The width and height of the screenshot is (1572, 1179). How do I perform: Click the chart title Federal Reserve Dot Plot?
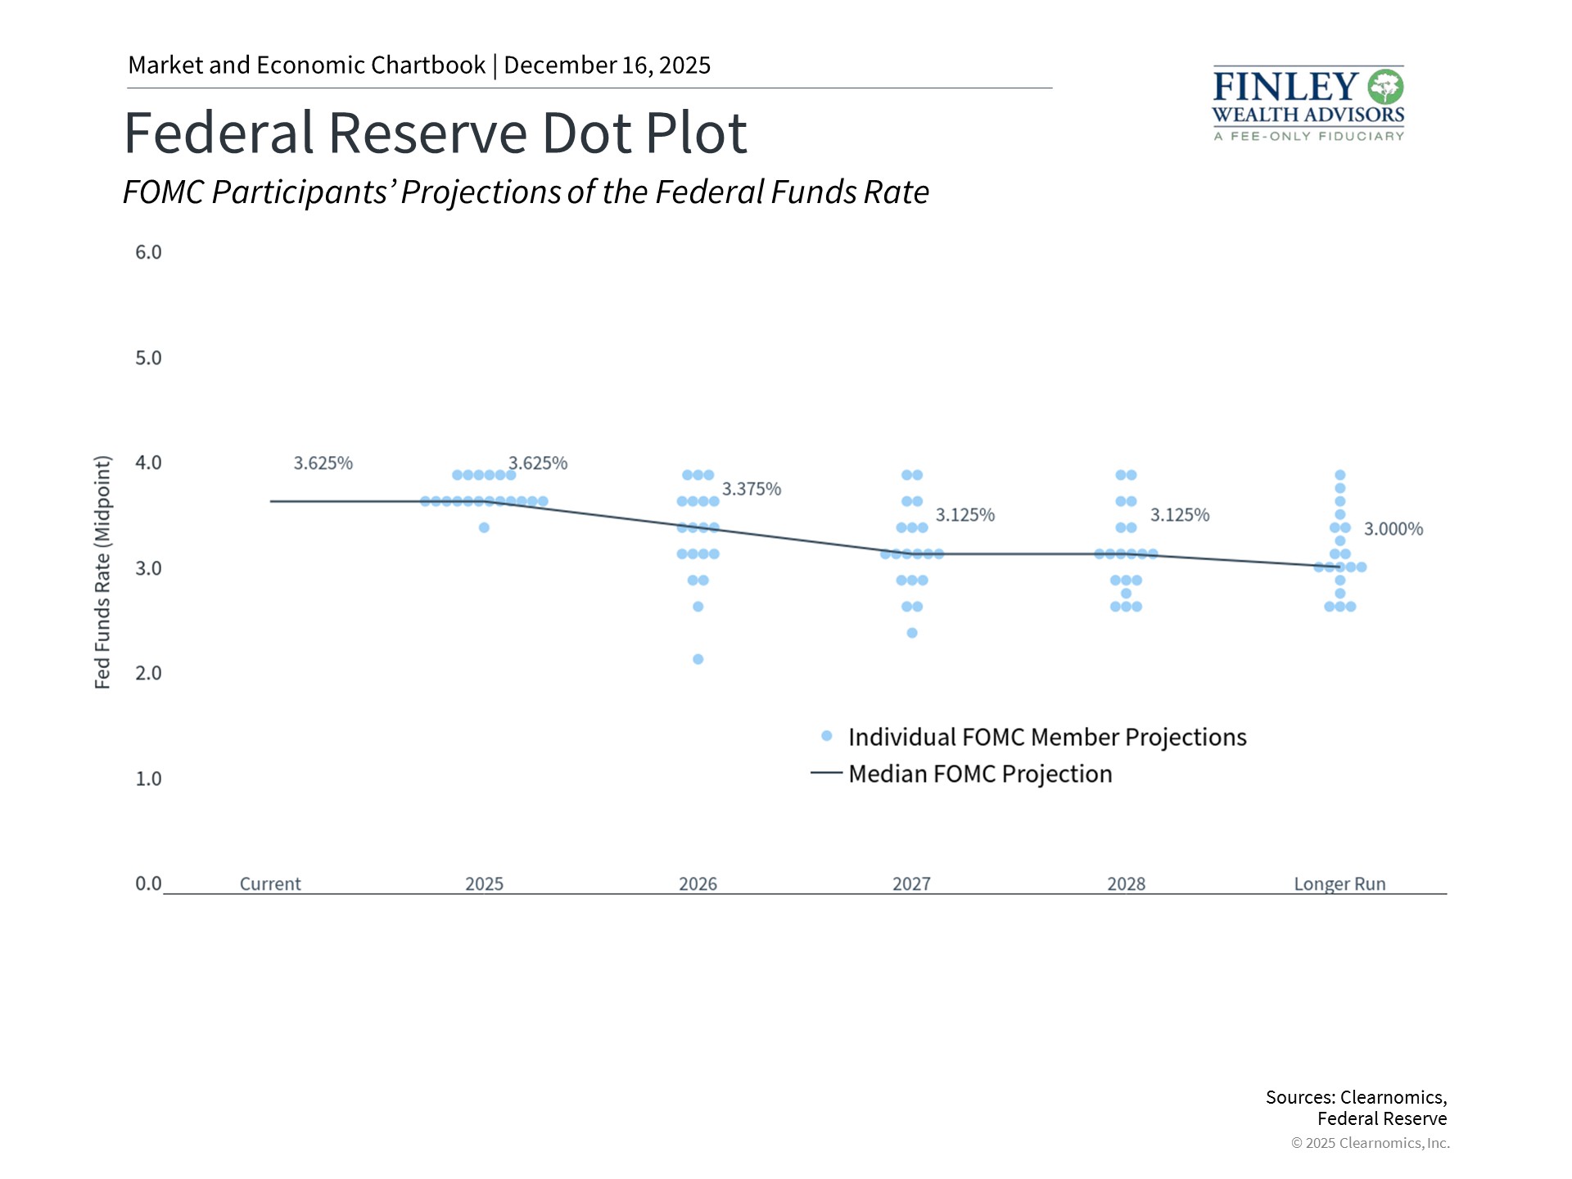(435, 133)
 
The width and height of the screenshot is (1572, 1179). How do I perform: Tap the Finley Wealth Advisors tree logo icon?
(1385, 87)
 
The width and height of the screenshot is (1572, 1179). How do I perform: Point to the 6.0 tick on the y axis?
(148, 252)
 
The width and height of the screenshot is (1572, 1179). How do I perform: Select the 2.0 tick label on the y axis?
(148, 673)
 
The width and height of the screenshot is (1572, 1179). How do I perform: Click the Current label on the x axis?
(270, 884)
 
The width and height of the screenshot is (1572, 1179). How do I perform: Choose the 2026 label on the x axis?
(698, 884)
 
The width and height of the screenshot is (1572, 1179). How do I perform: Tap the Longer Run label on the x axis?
(1339, 884)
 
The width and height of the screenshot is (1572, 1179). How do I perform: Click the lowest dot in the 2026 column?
(698, 659)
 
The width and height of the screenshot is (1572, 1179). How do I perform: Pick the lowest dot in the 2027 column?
(912, 633)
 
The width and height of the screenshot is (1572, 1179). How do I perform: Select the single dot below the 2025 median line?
(484, 528)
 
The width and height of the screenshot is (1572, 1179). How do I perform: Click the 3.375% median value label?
(751, 490)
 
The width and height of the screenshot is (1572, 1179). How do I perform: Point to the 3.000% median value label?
(1393, 530)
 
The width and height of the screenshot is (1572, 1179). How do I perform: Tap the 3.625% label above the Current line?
(323, 463)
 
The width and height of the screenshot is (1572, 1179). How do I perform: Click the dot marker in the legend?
(827, 736)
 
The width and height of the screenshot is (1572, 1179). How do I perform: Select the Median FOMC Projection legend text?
(980, 774)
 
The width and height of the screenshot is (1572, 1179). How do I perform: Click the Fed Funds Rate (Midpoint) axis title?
(102, 572)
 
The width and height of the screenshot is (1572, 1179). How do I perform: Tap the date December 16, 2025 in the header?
(607, 65)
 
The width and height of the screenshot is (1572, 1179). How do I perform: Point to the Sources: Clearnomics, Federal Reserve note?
(1356, 1108)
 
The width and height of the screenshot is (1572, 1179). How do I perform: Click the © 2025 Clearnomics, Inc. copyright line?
(1370, 1143)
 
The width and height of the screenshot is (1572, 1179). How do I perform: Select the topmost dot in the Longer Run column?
(1340, 475)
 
